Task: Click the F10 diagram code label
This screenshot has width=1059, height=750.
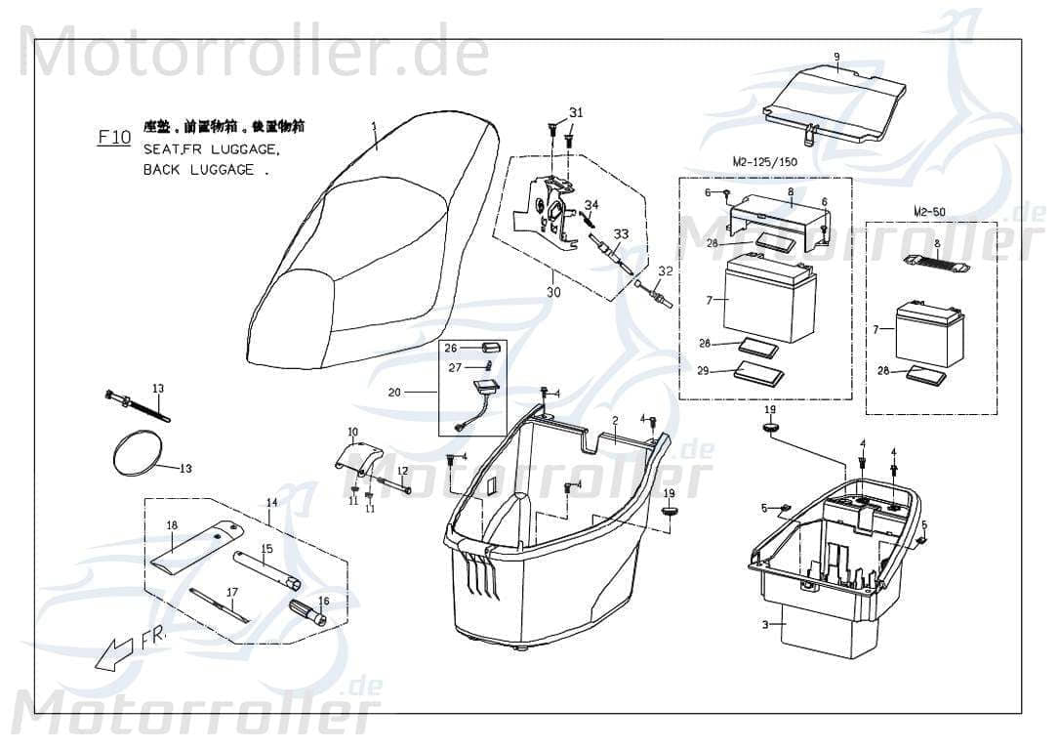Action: tap(114, 138)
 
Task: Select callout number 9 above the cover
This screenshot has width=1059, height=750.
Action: tap(836, 56)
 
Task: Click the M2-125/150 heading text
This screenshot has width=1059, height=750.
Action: tap(763, 161)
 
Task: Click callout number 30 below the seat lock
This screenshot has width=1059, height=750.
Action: tap(553, 292)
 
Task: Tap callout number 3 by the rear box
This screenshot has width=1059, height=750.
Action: tap(766, 624)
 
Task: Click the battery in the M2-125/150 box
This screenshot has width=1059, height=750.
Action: tap(768, 298)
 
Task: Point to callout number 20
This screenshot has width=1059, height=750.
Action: tap(394, 393)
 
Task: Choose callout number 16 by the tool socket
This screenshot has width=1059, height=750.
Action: tap(324, 602)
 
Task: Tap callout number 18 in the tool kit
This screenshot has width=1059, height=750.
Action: tap(172, 525)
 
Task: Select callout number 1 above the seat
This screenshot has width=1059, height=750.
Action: tap(372, 125)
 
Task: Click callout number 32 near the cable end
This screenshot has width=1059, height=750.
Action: tap(666, 271)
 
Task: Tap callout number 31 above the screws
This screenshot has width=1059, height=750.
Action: tap(576, 113)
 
